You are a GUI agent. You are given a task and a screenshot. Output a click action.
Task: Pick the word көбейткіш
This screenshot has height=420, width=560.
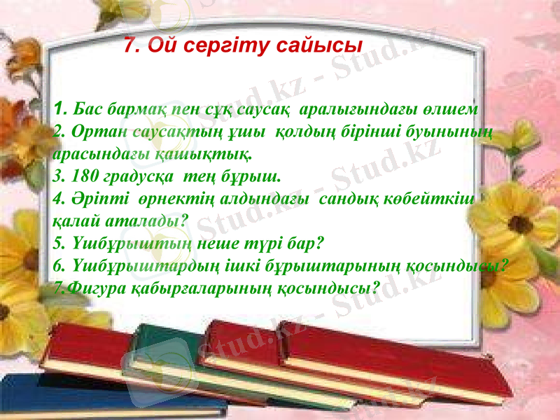pos(440,198)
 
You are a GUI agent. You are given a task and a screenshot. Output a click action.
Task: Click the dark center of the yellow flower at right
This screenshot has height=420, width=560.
pos(520,225)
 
